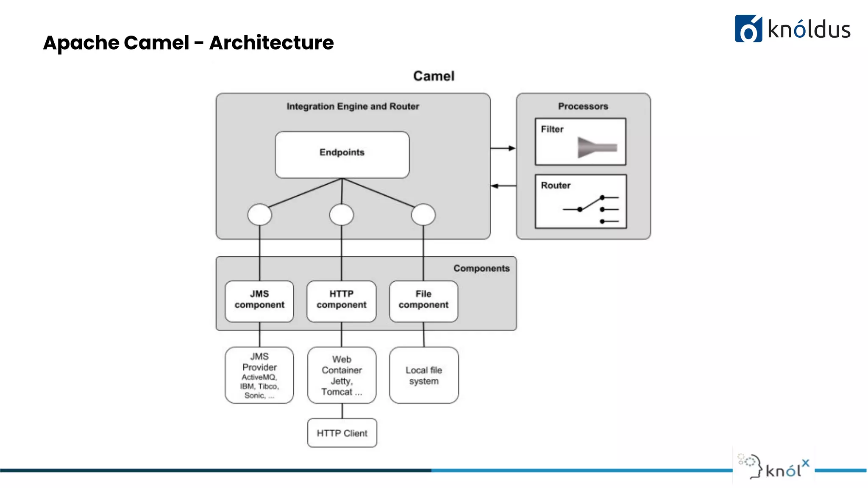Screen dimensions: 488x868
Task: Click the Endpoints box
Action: (x=342, y=154)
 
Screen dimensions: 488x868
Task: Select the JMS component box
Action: (x=259, y=301)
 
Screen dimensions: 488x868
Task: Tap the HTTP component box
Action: (x=341, y=301)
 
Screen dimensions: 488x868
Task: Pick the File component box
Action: (x=423, y=301)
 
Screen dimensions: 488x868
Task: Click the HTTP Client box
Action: (x=342, y=433)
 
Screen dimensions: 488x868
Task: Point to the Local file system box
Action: (x=424, y=375)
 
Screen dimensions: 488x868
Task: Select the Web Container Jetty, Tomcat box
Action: (x=342, y=375)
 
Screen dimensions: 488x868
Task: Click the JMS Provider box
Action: (x=259, y=375)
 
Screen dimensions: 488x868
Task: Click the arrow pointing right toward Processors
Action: (x=503, y=148)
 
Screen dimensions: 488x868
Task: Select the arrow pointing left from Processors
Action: (x=503, y=186)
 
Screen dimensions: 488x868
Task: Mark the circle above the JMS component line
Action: (x=260, y=214)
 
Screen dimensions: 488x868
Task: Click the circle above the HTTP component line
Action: (x=342, y=214)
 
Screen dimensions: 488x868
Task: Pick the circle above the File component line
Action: (x=423, y=214)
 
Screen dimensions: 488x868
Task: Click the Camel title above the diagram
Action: (x=434, y=76)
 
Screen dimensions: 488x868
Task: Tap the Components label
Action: (x=481, y=268)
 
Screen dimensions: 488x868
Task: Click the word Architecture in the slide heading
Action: (x=271, y=43)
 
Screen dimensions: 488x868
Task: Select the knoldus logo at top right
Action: (x=792, y=29)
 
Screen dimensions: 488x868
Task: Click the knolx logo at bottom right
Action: (x=774, y=467)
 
